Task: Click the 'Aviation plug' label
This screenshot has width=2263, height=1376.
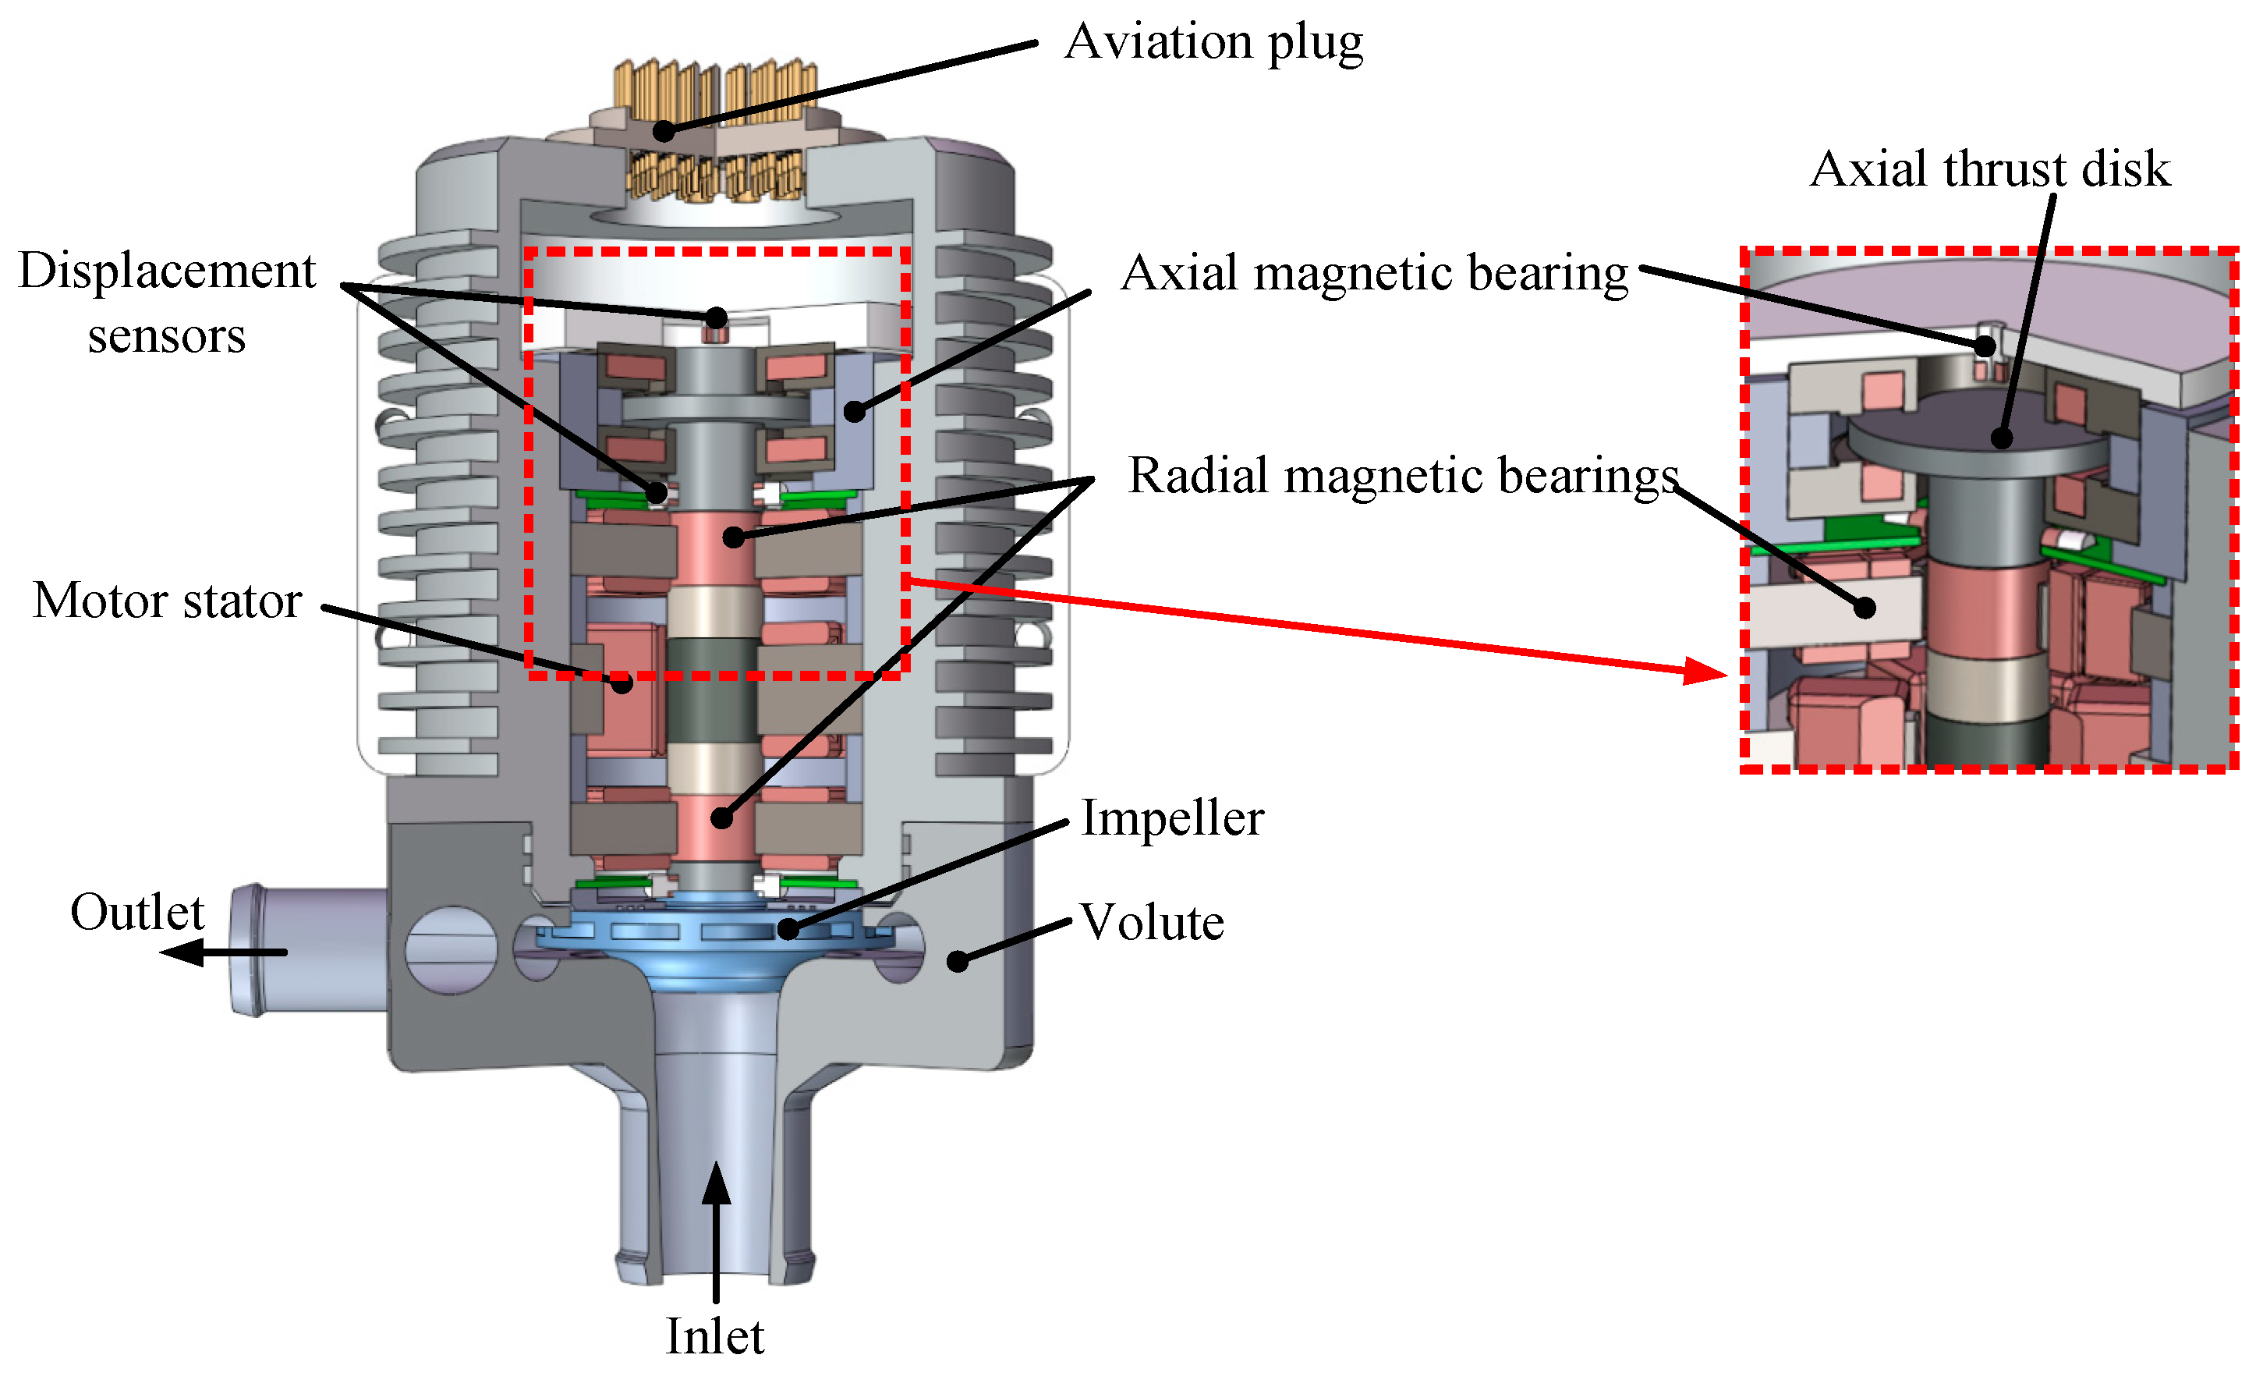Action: [x=1213, y=43]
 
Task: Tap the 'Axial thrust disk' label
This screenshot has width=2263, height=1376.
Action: [x=1990, y=169]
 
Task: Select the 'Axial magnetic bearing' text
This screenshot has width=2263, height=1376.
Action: [x=1375, y=274]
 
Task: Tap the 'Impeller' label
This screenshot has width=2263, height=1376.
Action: [x=1172, y=817]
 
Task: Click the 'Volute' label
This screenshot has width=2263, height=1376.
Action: [x=1152, y=922]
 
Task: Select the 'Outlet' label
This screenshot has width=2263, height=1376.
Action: [x=138, y=912]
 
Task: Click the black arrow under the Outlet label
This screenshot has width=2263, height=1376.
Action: [x=223, y=952]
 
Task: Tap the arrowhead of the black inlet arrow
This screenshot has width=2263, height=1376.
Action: [x=717, y=1183]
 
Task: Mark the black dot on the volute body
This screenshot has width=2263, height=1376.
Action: [x=958, y=962]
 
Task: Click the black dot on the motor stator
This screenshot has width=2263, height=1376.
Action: [x=622, y=683]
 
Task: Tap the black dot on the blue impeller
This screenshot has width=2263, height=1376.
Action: [x=789, y=930]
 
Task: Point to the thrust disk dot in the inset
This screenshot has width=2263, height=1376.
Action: [x=2003, y=438]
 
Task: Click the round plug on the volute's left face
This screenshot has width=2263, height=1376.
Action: [x=451, y=951]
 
